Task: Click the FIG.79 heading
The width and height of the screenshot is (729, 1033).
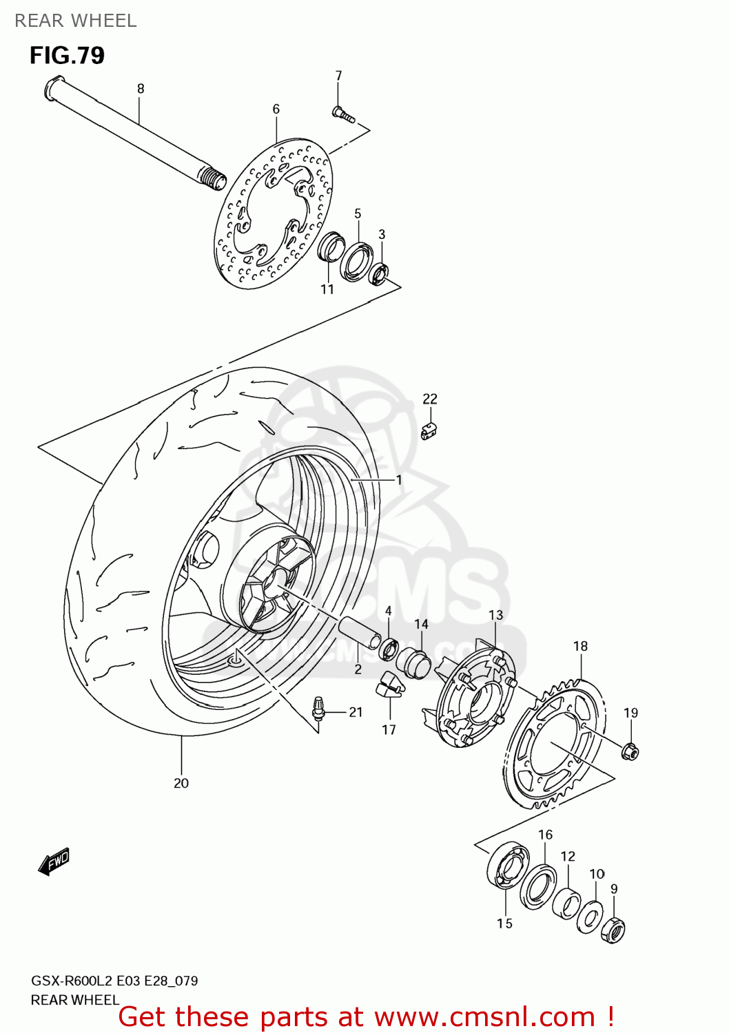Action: click(67, 55)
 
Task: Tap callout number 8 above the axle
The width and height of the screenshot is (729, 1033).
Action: click(141, 88)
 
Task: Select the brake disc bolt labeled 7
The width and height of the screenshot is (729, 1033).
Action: click(342, 116)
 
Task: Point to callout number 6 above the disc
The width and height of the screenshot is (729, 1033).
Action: click(276, 109)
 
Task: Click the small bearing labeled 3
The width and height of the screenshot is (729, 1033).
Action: click(380, 273)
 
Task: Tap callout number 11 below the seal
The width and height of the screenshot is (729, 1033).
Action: click(327, 289)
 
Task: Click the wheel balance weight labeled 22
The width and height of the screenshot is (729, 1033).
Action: click(429, 432)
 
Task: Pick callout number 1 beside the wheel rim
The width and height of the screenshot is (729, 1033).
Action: click(399, 479)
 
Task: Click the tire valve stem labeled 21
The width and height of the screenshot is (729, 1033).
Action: click(318, 709)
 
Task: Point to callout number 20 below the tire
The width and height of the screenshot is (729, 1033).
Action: click(181, 783)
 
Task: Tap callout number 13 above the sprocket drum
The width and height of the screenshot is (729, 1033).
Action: click(495, 614)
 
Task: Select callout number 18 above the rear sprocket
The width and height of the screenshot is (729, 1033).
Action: click(580, 646)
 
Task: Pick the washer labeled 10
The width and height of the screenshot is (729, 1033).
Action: click(589, 917)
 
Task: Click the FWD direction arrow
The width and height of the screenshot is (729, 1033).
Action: click(54, 861)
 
